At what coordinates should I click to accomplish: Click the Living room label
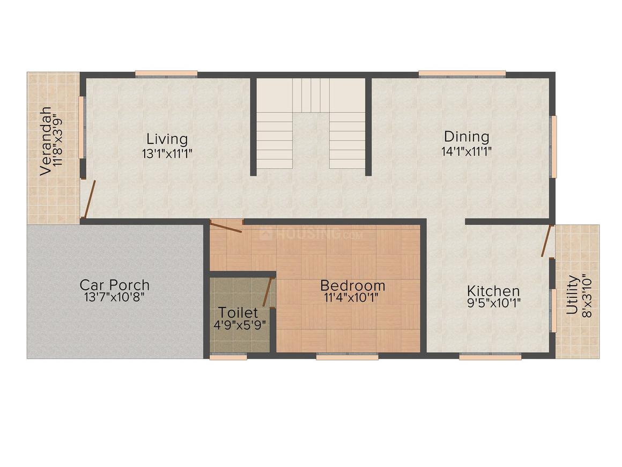[x=167, y=139]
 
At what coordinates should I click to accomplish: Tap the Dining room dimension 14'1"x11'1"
[x=466, y=151]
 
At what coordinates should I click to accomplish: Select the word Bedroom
[x=352, y=285]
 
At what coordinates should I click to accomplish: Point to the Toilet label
[x=238, y=312]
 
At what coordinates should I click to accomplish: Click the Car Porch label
[x=114, y=284]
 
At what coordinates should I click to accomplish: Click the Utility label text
[x=572, y=295]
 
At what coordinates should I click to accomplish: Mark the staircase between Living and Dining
[x=311, y=123]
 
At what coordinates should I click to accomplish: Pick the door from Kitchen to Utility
[x=547, y=241]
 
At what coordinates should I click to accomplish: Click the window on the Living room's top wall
[x=166, y=74]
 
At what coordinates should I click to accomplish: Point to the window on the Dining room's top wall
[x=462, y=74]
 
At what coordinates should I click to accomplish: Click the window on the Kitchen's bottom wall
[x=490, y=356]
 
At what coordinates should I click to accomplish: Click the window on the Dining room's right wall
[x=553, y=146]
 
